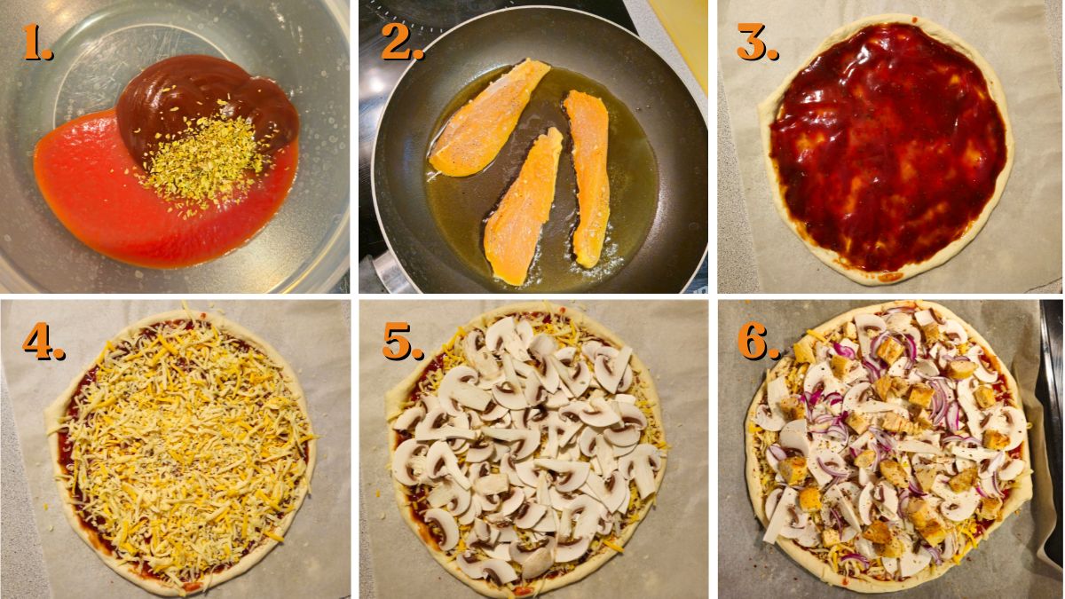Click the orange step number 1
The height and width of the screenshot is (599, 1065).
(x=36, y=43)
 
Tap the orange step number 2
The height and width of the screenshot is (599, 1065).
(x=402, y=43)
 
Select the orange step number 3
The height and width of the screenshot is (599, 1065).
(x=757, y=43)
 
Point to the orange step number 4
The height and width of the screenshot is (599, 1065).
(x=43, y=343)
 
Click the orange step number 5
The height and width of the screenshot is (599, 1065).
(x=402, y=343)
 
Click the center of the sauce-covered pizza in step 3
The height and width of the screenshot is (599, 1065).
(x=887, y=146)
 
